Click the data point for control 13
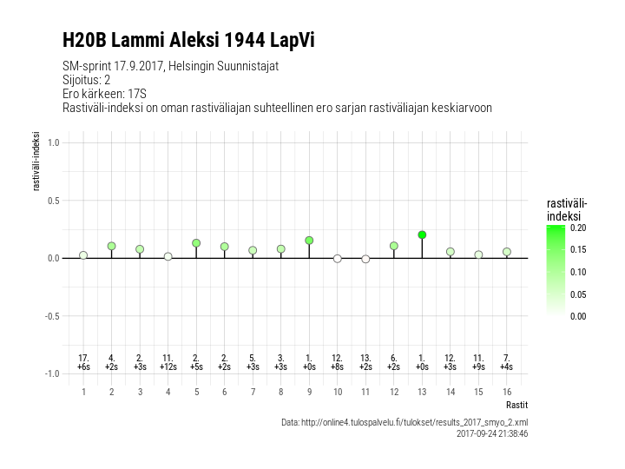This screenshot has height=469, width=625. tap(422, 234)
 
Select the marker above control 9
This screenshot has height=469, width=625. tap(309, 241)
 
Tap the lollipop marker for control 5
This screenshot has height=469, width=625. tap(196, 243)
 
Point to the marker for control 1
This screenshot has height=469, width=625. tap(83, 255)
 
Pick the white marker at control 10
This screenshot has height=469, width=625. tap(338, 259)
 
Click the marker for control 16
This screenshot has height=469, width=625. tap(506, 252)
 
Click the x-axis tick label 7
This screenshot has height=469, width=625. tap(253, 392)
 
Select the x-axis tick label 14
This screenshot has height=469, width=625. tap(450, 392)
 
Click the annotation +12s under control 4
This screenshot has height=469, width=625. tap(168, 367)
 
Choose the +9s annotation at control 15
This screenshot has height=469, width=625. tap(478, 367)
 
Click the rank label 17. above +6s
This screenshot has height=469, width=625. tap(83, 358)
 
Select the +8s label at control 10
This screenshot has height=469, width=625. tap(338, 367)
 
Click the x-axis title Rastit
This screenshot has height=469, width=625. tap(516, 405)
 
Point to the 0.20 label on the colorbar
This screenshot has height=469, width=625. tap(578, 228)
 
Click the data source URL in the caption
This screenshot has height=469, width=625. tap(405, 422)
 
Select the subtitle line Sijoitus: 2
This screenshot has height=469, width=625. tap(87, 80)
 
